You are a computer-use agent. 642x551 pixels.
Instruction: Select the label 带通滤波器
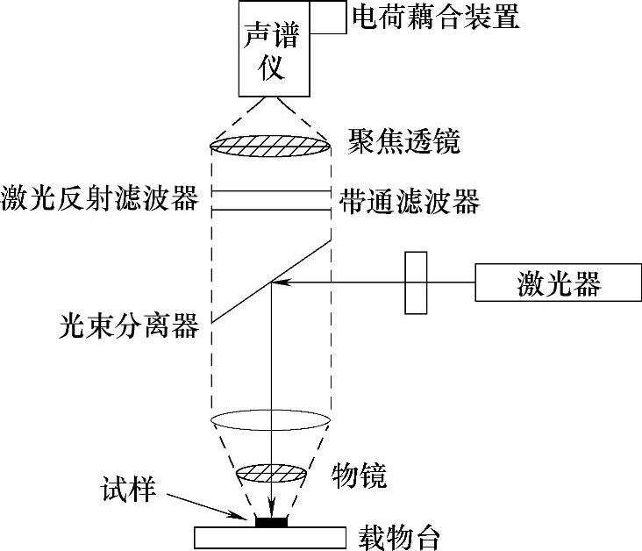[x=409, y=202]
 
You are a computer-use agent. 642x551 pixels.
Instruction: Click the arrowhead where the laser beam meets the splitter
[x=277, y=282]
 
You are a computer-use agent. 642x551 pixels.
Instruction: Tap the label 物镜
[x=359, y=476]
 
